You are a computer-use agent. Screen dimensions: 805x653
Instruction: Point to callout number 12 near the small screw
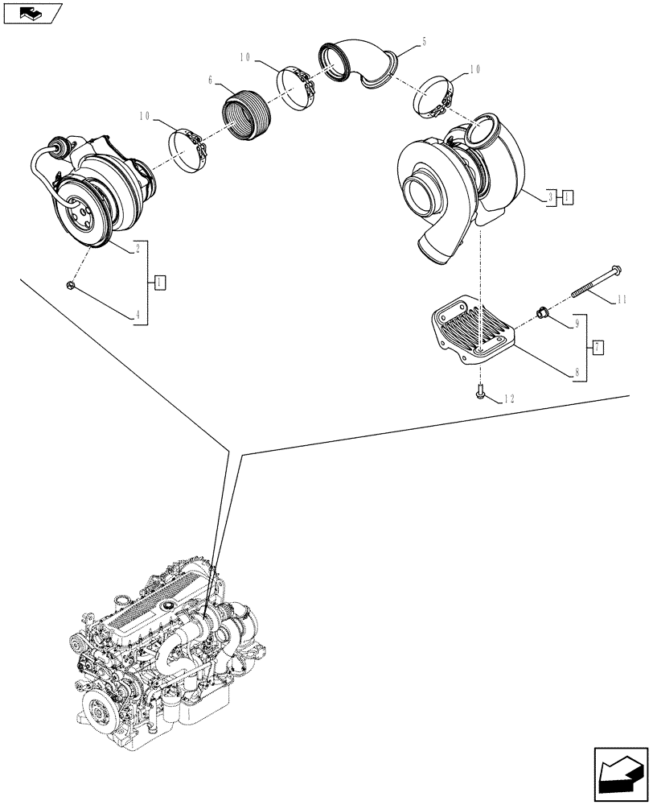[507, 398]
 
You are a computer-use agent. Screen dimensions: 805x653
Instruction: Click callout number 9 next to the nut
[576, 324]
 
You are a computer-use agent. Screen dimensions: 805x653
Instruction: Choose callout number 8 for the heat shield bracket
[576, 373]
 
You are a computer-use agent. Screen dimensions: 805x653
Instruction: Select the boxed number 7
[598, 348]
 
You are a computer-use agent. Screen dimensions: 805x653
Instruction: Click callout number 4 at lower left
[138, 317]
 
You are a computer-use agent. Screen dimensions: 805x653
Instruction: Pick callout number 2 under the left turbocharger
[138, 249]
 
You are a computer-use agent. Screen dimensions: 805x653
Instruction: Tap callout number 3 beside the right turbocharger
[550, 196]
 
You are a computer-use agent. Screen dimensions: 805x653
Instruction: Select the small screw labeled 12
[479, 394]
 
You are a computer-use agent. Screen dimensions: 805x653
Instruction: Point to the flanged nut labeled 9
[541, 312]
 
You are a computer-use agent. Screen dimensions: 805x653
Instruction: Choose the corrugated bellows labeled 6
[245, 117]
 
